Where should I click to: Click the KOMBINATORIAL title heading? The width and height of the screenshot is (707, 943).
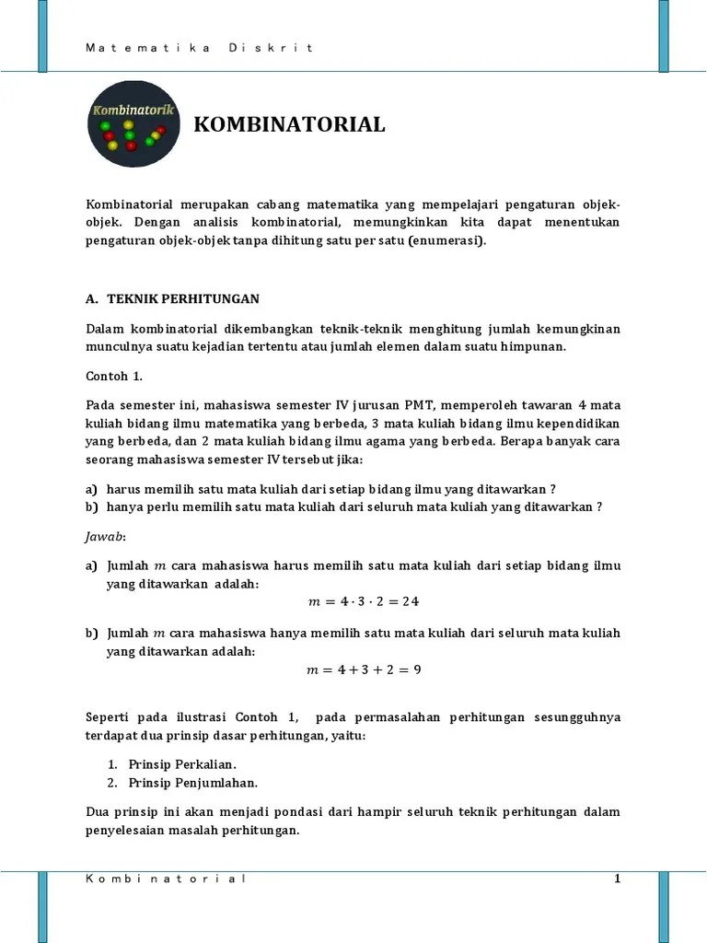(289, 124)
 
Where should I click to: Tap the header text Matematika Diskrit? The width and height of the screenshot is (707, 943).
(200, 48)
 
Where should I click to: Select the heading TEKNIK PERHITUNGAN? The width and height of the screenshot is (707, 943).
(183, 298)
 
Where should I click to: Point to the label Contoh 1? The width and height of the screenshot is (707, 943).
(114, 377)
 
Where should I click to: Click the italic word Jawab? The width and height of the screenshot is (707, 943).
(105, 535)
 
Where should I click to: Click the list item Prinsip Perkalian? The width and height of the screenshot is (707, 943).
(182, 764)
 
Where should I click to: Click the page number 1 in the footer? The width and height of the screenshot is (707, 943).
(618, 879)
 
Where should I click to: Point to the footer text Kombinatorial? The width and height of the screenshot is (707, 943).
(166, 879)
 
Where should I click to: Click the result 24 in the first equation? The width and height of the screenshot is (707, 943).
(411, 602)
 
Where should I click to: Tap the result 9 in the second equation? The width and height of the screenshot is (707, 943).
(417, 669)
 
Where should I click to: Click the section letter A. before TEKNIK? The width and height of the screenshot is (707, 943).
(91, 298)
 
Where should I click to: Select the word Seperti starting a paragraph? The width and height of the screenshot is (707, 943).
(110, 716)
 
